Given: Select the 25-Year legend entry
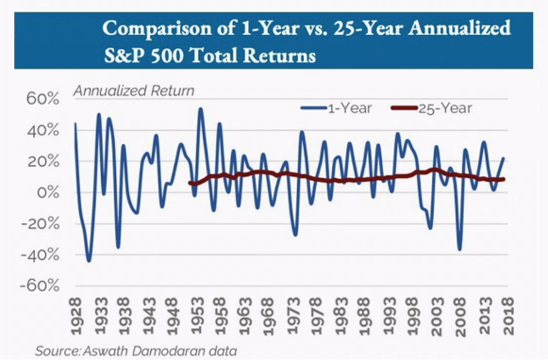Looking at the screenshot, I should click(x=431, y=108).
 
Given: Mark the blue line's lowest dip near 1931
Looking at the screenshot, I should click(x=89, y=260).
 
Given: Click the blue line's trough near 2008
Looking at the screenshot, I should click(x=459, y=249).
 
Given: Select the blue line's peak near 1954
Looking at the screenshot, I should click(x=200, y=110).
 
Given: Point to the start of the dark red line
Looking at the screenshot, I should click(x=190, y=183).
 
